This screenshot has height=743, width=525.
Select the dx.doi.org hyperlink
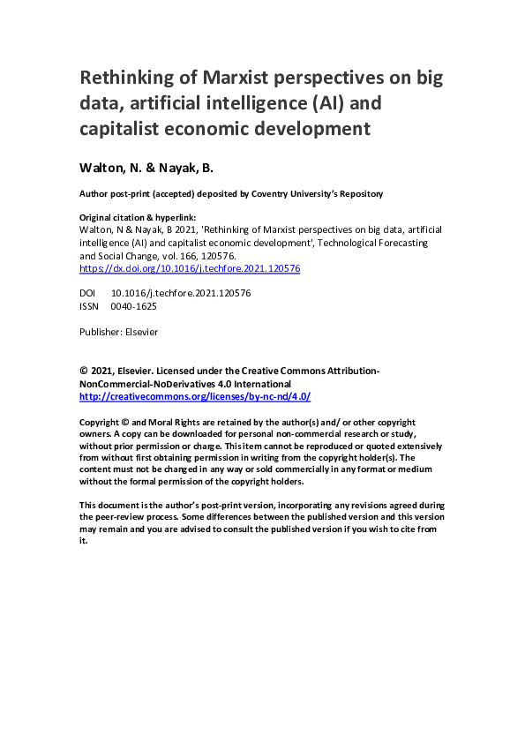pos(190,269)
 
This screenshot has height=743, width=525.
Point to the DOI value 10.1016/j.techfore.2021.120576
pos(180,293)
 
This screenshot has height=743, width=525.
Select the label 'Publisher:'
pos(99,332)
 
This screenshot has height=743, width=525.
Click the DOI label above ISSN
pos(87,293)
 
